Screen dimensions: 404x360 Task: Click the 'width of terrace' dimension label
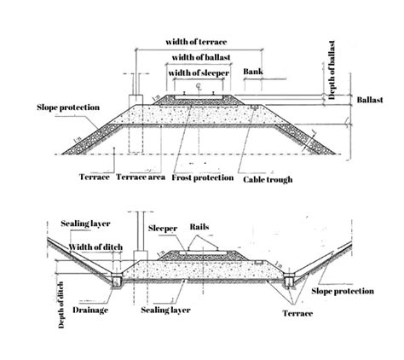pyautogui.click(x=196, y=42)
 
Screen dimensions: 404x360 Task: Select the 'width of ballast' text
pyautogui.click(x=201, y=57)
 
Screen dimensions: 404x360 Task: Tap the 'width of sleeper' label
pyautogui.click(x=199, y=73)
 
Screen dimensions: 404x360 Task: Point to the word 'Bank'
pyautogui.click(x=253, y=72)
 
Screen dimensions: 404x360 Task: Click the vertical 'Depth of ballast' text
pyautogui.click(x=332, y=70)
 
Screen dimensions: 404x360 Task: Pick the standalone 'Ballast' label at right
pyautogui.click(x=370, y=100)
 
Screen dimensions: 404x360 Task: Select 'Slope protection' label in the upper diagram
pyautogui.click(x=68, y=107)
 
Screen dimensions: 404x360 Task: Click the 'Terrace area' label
pyautogui.click(x=141, y=177)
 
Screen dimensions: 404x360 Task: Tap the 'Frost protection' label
pyautogui.click(x=203, y=177)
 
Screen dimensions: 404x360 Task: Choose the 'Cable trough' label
pyautogui.click(x=268, y=179)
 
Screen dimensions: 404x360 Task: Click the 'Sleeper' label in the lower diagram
pyautogui.click(x=163, y=229)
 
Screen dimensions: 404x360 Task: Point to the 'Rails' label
pyautogui.click(x=199, y=227)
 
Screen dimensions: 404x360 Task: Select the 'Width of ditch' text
pyautogui.click(x=95, y=247)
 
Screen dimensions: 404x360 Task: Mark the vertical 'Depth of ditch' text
pyautogui.click(x=61, y=305)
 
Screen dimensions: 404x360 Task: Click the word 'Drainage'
pyautogui.click(x=90, y=310)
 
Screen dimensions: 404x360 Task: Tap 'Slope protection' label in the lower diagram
pyautogui.click(x=343, y=291)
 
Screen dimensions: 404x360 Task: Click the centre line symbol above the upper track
pyautogui.click(x=199, y=86)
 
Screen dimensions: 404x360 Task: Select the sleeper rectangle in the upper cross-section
pyautogui.click(x=199, y=97)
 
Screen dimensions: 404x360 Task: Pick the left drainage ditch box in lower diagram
pyautogui.click(x=117, y=281)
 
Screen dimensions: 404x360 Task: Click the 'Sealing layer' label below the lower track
pyautogui.click(x=165, y=310)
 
